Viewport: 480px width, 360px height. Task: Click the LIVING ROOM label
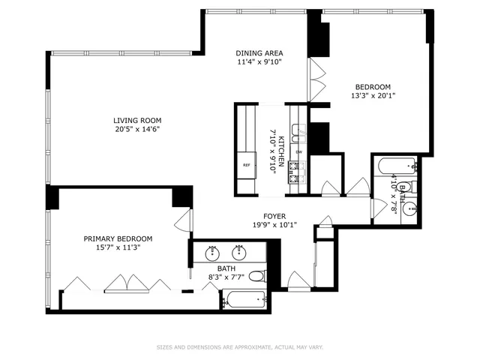pyautogui.click(x=137, y=120)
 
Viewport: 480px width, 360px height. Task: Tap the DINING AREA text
pyautogui.click(x=259, y=52)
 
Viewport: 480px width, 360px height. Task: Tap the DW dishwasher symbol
pyautogui.click(x=298, y=152)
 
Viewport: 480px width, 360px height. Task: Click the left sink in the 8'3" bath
pyautogui.click(x=211, y=250)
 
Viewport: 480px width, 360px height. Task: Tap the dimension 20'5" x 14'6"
pyautogui.click(x=137, y=129)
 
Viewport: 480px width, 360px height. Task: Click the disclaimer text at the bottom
pyautogui.click(x=240, y=347)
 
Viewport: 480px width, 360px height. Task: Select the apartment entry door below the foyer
pyautogui.click(x=298, y=280)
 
